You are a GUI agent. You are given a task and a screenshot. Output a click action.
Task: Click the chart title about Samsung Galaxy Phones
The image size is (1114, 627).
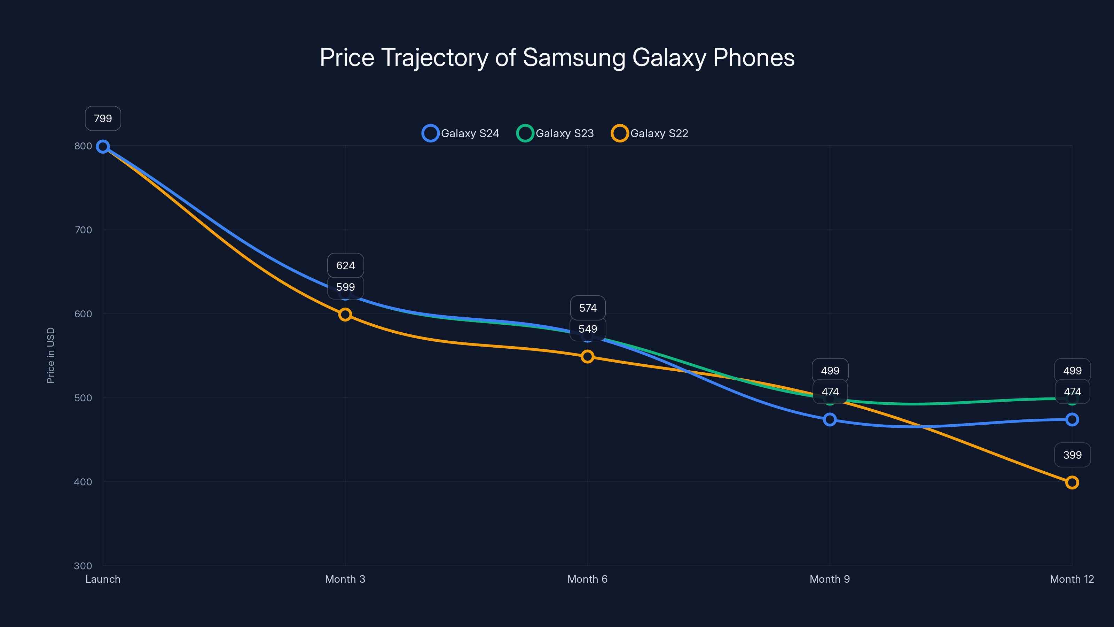coord(557,57)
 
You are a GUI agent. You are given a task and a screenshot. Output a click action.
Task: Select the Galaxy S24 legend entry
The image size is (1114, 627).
coord(461,133)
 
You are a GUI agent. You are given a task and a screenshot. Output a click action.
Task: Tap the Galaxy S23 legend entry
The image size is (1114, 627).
coord(556,133)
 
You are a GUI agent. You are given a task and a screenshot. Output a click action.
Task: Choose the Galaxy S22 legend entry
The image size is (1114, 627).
coord(650,133)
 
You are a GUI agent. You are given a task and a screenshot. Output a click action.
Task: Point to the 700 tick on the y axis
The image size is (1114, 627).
coord(83,230)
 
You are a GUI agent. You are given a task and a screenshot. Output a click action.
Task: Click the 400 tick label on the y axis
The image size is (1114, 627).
coord(83,482)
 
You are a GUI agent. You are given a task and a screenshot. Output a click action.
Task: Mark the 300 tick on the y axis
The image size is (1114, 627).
coord(83,566)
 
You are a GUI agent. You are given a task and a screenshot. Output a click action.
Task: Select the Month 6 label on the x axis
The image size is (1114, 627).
coord(587,579)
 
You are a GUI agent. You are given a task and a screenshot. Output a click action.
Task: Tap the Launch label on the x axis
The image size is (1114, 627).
coord(103,579)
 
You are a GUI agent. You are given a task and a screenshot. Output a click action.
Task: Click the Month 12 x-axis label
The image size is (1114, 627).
coord(1072,579)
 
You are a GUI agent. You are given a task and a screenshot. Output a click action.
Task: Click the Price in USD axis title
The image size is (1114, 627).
coord(50,355)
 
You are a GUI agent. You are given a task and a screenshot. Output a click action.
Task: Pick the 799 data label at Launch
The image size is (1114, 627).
coord(103,118)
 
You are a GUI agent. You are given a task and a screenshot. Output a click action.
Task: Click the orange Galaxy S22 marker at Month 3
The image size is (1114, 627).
coord(345,315)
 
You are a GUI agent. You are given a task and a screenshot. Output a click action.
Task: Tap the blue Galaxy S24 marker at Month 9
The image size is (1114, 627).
coord(830,419)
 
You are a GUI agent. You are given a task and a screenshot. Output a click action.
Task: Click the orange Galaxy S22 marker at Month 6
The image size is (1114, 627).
coord(587,357)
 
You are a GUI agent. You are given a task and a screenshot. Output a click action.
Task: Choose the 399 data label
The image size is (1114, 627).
coord(1072,455)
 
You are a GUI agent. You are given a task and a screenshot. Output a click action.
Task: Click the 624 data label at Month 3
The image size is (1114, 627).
coord(346,265)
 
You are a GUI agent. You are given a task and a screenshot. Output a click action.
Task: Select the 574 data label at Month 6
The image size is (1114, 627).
coord(588,308)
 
